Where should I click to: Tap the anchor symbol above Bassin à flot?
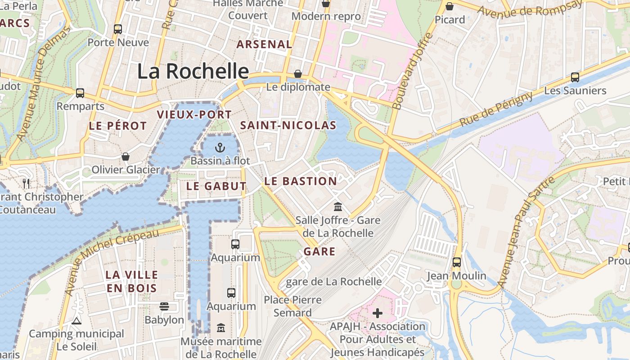[x=220, y=147]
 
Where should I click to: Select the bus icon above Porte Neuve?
[x=118, y=29]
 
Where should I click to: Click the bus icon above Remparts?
[x=80, y=93]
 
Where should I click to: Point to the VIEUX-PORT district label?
[x=194, y=115]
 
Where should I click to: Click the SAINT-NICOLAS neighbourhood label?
[x=288, y=126]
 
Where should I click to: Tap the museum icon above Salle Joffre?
[x=338, y=207]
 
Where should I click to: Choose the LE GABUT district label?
[x=216, y=186]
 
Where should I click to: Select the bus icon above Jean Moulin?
[x=457, y=262]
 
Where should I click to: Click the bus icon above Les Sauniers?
[x=575, y=77]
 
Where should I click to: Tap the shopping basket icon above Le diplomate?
[x=298, y=74]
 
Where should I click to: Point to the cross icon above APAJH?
[x=378, y=313]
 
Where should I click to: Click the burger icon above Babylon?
[x=164, y=306]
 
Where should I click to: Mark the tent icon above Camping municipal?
[x=76, y=321]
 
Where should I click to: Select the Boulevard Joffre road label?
[x=412, y=71]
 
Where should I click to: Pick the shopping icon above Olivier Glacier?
[x=126, y=157]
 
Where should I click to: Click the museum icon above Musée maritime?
[x=221, y=328]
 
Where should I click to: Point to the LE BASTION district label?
[x=301, y=181]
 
